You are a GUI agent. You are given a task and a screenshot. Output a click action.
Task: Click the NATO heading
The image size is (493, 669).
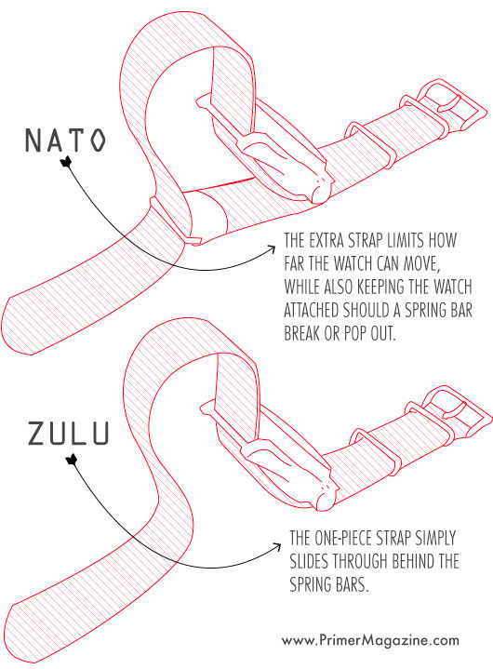click(65, 142)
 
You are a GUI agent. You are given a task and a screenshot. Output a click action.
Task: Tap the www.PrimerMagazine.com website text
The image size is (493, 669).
click(369, 640)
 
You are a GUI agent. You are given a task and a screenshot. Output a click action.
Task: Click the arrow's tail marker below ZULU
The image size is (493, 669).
click(67, 458)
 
